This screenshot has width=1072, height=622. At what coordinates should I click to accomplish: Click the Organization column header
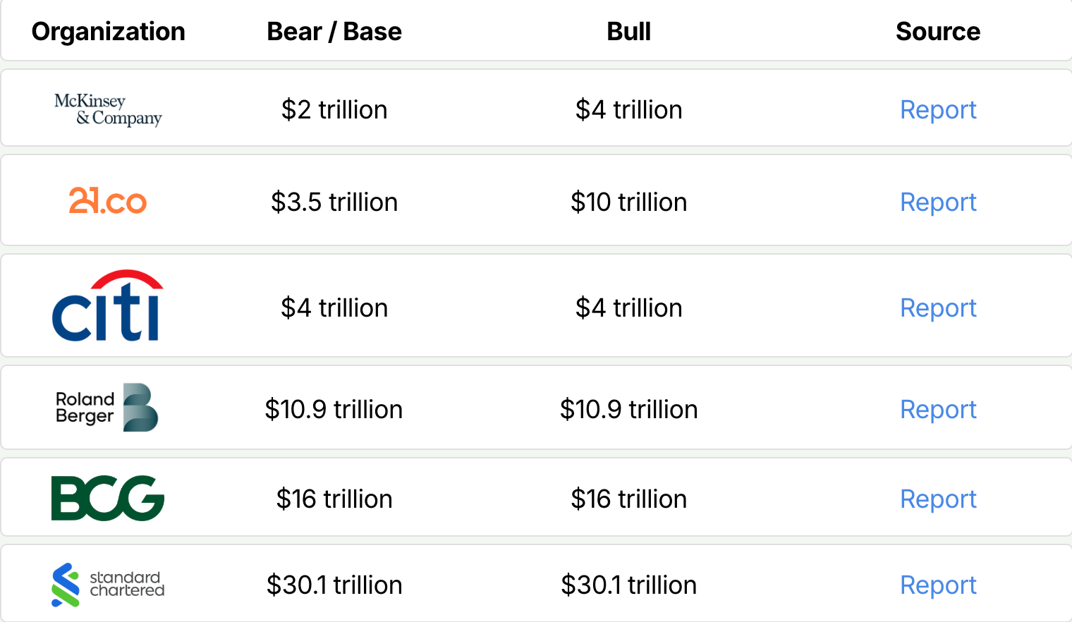pos(109,32)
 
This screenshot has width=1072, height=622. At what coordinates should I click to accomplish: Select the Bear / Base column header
pos(334,32)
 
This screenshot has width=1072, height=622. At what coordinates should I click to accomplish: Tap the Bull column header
pos(628,32)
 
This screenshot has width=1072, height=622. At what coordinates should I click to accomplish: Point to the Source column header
pos(937,32)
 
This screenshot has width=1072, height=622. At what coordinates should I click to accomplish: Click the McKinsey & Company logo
pos(108,109)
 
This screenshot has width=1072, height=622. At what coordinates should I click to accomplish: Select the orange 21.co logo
pos(108,201)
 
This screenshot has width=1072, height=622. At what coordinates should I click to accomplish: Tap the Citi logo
pos(108,306)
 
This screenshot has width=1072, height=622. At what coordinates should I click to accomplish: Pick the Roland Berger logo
pos(107,408)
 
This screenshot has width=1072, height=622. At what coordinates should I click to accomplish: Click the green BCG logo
pos(108,498)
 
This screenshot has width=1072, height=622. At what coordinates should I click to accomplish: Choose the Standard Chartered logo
pos(108,585)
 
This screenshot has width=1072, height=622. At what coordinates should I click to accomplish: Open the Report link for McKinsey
pos(938,110)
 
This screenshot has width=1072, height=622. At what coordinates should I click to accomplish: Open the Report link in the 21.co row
pos(938,202)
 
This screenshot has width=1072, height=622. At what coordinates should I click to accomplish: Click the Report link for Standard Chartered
pos(938,585)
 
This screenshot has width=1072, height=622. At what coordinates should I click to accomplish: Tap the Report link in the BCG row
pos(938,499)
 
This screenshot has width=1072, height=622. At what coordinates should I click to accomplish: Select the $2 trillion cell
pos(334,110)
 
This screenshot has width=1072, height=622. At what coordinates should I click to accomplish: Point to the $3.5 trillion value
pos(334,202)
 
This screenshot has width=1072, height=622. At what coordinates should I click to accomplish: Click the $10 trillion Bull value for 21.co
pos(628,202)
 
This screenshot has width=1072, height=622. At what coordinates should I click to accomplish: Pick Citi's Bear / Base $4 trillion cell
pos(334,308)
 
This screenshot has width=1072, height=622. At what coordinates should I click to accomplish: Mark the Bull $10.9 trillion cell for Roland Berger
pos(628,410)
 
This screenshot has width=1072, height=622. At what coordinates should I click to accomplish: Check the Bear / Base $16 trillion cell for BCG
pos(334,499)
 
